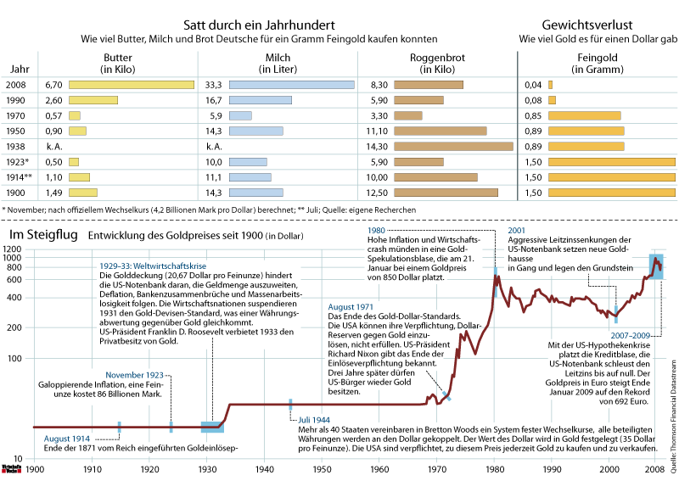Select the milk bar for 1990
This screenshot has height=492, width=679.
[x=261, y=100]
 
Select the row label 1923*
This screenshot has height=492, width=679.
[x=17, y=161]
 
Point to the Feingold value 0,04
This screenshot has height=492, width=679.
[x=533, y=85]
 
